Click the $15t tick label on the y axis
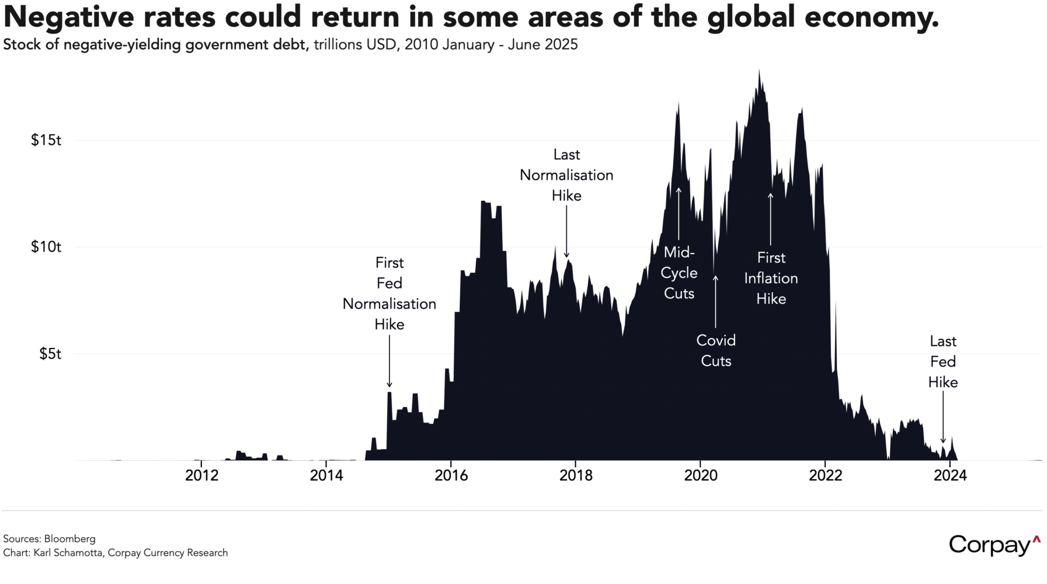coord(46,140)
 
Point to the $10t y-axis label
coord(46,247)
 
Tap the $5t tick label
coord(50,354)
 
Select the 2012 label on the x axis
coord(201,475)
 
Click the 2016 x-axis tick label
coord(451,475)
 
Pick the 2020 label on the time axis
coord(700,475)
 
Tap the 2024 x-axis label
coord(950,475)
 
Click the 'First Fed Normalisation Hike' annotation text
coord(389,293)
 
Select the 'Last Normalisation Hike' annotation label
coord(566,175)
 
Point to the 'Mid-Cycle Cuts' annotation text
coord(679,273)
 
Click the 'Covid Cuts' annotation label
coord(716,350)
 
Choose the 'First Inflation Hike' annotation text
coord(771,278)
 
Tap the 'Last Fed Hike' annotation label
coord(943,361)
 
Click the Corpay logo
coord(994,544)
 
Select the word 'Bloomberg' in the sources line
coord(69,538)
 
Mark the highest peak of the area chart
coord(759,70)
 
